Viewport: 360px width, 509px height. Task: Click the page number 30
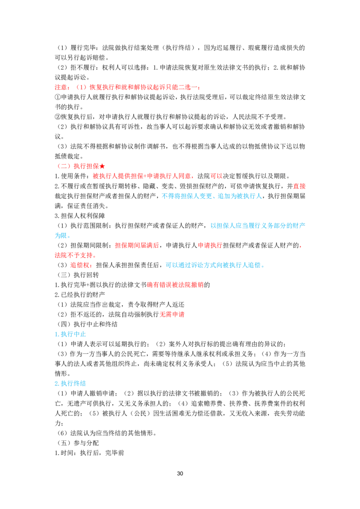point(180,473)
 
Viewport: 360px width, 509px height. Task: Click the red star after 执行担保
point(102,166)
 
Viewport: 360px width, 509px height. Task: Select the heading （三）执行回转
point(78,275)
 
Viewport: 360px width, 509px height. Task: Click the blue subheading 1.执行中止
point(70,334)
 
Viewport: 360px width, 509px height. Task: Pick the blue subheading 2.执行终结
point(70,384)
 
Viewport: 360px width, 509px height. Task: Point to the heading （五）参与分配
point(78,443)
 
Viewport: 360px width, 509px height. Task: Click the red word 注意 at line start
point(61,87)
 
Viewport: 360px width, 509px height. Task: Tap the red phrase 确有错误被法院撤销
point(175,285)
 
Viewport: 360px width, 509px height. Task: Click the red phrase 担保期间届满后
point(137,245)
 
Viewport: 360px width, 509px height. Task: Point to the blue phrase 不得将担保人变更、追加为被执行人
point(211,196)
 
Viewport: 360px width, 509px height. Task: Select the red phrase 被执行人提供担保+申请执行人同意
point(142,176)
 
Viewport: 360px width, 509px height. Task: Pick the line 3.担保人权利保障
point(80,215)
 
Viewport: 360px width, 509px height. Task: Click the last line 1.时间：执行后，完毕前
point(90,452)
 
